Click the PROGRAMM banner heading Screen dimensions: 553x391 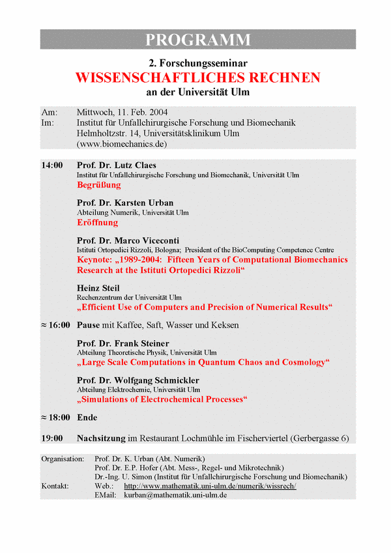197,39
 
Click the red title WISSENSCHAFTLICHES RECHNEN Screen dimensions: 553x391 197,78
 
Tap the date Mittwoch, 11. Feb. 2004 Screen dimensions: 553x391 122,111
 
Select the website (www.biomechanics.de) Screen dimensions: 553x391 122,143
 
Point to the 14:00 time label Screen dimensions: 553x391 52,165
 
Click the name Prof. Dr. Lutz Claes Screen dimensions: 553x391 117,165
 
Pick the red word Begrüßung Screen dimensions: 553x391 98,185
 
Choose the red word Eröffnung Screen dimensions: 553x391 97,222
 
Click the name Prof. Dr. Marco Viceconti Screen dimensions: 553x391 128,240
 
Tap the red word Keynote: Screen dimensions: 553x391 96,259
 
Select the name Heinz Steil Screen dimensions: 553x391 98,288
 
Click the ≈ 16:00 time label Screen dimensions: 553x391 55,324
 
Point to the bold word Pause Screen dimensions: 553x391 89,324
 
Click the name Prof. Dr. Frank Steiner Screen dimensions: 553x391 123,343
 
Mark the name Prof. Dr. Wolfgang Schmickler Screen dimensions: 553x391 138,380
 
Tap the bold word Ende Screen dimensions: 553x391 87,417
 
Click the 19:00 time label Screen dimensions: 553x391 52,438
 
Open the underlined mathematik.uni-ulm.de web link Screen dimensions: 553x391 210,486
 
